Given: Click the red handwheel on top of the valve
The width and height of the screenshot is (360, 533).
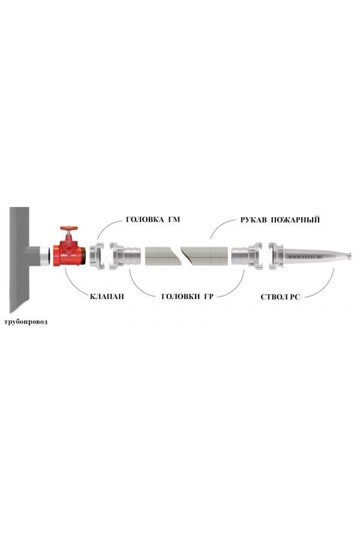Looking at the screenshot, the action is click(x=69, y=228).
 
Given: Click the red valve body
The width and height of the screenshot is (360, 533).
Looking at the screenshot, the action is click(x=69, y=253).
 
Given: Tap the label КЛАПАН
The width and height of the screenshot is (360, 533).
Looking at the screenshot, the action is click(x=107, y=297).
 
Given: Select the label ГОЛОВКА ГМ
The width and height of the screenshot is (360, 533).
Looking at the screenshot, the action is click(x=153, y=220).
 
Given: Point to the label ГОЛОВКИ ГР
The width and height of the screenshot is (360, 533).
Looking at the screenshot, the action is click(x=187, y=297).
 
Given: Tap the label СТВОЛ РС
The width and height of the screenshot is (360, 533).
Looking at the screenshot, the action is click(x=280, y=297).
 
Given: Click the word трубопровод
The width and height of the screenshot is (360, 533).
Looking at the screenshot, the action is click(x=26, y=322).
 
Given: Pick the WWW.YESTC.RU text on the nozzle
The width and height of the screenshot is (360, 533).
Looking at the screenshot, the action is click(x=305, y=257).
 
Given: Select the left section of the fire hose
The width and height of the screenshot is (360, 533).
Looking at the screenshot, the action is click(x=163, y=256).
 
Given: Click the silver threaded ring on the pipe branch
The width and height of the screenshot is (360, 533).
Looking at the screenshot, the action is click(x=45, y=256).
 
